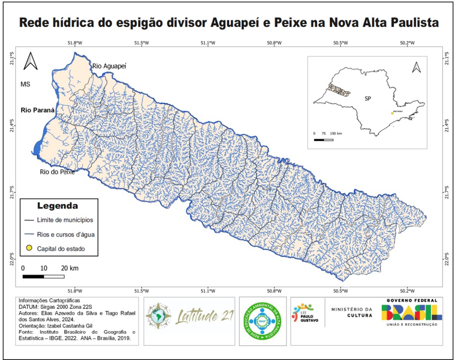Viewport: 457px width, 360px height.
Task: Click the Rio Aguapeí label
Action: [x=109, y=66]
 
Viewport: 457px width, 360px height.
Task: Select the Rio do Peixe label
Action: [x=57, y=172]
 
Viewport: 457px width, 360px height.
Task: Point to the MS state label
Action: [x=25, y=84]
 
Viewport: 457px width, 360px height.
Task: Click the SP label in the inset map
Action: [x=368, y=98]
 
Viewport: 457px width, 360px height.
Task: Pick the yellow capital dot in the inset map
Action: [x=392, y=113]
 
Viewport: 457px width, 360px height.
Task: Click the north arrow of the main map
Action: [x=30, y=61]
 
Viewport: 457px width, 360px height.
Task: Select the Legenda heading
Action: [x=57, y=206]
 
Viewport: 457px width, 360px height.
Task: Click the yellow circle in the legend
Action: [x=28, y=249]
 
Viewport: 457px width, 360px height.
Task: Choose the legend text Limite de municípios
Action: [x=65, y=220]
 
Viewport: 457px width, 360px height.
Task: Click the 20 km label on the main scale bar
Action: [x=70, y=268]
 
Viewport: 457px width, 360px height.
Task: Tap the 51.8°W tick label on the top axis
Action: [x=75, y=43]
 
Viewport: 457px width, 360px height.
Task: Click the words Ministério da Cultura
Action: [x=351, y=312]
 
